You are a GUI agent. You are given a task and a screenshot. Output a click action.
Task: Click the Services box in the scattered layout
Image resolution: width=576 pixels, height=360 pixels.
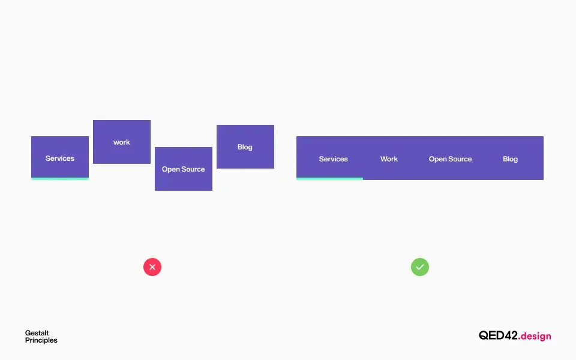tap(60, 158)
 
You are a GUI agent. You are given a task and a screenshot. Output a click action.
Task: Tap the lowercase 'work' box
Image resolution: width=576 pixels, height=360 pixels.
tap(122, 142)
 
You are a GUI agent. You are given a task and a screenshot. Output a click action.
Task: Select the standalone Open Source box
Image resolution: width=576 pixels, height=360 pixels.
tap(184, 169)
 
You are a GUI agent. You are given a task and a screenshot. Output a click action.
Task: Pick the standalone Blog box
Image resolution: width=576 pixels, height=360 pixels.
tap(245, 146)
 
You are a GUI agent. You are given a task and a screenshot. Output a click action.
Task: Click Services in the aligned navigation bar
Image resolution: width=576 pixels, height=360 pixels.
tap(333, 159)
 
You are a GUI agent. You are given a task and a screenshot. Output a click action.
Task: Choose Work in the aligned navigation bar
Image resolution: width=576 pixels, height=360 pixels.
tap(389, 159)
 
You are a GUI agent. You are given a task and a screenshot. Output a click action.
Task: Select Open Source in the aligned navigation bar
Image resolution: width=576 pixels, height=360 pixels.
tap(450, 159)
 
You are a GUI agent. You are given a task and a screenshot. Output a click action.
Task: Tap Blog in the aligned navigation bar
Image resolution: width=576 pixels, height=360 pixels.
tap(510, 159)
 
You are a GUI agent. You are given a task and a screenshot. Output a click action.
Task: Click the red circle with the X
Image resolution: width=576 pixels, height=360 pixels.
tap(152, 267)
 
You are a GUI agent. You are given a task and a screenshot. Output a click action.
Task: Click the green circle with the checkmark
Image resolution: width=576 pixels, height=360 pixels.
tap(420, 267)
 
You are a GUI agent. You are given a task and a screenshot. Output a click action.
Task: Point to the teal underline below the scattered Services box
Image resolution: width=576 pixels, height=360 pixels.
tap(60, 179)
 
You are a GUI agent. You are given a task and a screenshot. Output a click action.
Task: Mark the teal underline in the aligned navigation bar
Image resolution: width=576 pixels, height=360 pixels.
tap(329, 179)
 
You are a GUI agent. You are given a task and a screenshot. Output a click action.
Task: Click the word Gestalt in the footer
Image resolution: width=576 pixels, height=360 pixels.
tap(37, 333)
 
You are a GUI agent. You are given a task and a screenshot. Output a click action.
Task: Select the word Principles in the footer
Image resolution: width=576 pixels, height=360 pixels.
tap(41, 341)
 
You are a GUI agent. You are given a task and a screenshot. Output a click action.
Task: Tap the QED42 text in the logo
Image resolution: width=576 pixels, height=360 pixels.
tap(498, 335)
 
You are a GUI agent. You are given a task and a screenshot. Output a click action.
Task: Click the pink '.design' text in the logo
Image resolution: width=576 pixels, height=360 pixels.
tap(535, 336)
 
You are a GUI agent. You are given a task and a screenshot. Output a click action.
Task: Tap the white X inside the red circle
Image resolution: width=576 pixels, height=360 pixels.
tap(152, 267)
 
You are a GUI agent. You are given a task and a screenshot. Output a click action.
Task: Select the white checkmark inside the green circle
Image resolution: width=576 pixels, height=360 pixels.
tap(420, 267)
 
